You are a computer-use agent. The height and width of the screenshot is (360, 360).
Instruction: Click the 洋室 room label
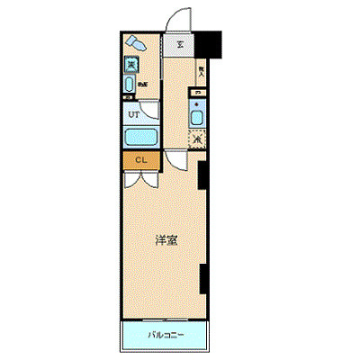165,240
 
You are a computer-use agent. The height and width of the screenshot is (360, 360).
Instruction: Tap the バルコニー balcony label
166,335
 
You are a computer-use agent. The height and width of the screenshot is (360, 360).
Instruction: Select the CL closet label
140,160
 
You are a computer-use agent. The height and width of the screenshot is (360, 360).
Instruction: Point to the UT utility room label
133,114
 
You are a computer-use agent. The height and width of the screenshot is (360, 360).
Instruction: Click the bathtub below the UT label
139,139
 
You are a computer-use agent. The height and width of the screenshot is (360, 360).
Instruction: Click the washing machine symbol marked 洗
131,64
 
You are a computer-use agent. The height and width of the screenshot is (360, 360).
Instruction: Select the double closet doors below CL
139,176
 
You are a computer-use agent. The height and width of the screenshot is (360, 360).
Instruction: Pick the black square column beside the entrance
210,43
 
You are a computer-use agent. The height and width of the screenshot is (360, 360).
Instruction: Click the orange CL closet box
140,160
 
